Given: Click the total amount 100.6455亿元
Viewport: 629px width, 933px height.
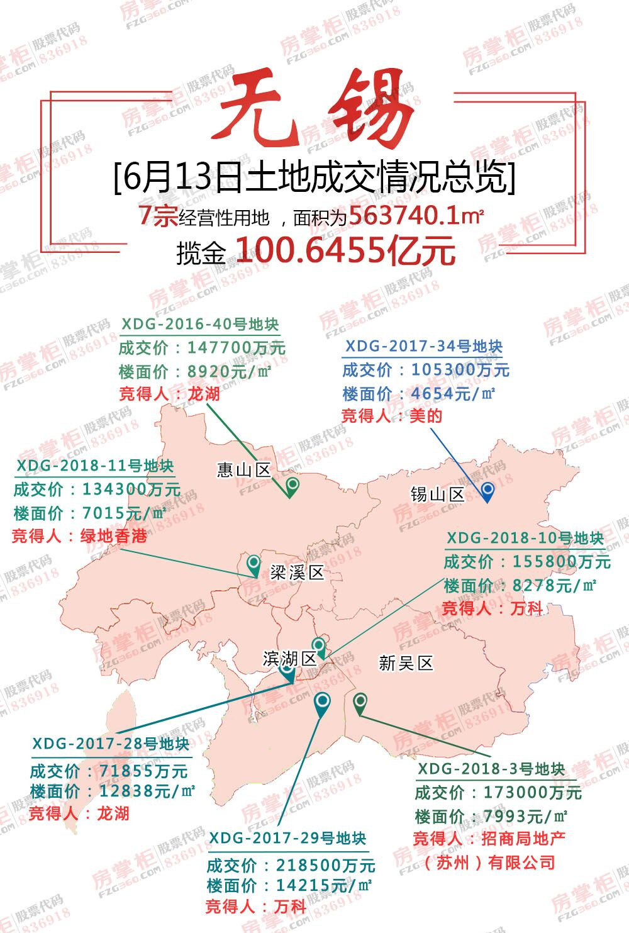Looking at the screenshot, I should [345, 250].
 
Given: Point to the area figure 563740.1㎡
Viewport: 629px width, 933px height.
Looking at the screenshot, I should [416, 216].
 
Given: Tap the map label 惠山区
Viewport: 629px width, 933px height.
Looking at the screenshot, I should [243, 470].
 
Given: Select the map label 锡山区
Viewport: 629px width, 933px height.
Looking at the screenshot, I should [437, 494].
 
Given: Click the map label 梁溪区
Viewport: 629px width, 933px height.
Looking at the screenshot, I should [297, 572].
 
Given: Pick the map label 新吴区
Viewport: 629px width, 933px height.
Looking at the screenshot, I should [406, 662].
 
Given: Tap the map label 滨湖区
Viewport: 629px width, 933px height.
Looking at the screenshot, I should [290, 659].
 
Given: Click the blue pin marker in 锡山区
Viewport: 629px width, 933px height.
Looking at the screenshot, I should [487, 491].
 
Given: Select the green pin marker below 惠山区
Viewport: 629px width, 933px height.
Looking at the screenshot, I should [292, 486].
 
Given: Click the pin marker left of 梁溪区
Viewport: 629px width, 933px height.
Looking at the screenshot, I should [253, 564].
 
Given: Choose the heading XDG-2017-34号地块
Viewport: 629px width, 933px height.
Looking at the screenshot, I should [424, 347].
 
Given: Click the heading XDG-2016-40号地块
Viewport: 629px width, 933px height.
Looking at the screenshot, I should [200, 325].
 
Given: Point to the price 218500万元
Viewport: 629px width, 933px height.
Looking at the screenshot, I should [325, 865].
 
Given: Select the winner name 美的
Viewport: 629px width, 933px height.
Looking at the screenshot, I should [426, 416].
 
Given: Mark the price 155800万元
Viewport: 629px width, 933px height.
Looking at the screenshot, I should [561, 561].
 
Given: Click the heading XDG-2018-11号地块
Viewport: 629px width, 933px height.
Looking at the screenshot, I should [95, 466].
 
